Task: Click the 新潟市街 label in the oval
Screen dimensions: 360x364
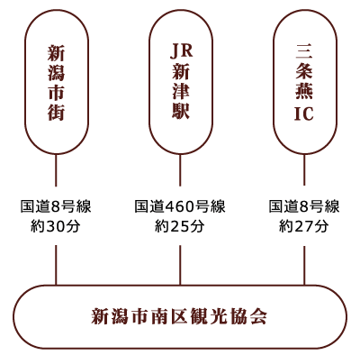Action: point(56,83)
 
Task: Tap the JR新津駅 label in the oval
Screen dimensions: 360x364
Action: point(181,82)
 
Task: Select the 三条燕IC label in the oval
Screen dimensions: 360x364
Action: point(304,83)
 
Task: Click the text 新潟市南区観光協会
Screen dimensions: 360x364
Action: point(179,316)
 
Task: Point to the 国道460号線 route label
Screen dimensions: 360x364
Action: point(180,206)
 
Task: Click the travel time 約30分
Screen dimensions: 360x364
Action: point(56,226)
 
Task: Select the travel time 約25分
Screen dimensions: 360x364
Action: point(180,226)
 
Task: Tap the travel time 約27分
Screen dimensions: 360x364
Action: point(304,226)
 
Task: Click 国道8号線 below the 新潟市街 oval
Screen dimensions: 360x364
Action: point(56,206)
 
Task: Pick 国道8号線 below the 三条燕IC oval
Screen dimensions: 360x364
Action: point(304,206)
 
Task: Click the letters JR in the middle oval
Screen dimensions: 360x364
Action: point(181,51)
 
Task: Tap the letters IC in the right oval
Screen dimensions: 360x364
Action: point(304,114)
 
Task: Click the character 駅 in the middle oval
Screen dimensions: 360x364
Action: point(181,111)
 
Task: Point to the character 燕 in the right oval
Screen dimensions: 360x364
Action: point(304,92)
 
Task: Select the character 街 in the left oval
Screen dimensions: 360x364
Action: point(56,113)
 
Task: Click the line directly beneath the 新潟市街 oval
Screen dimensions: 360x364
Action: point(56,170)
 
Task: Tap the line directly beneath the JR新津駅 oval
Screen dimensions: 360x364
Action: point(180,170)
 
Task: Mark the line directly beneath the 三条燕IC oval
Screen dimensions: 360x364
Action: point(304,170)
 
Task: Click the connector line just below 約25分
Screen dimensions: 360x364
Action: point(180,265)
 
